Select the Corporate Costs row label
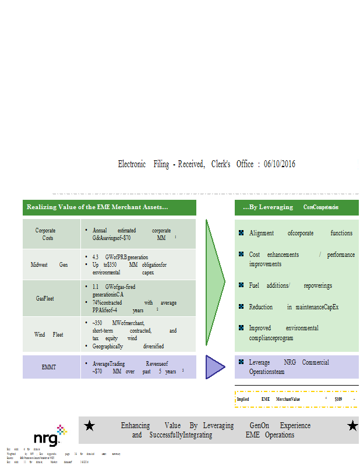tap(45, 234)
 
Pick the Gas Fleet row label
tap(45, 298)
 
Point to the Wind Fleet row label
tap(49, 334)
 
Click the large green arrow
tap(215, 282)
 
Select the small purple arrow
tap(215, 367)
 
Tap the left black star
tap(90, 426)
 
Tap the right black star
tap(352, 426)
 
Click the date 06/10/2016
tap(279, 164)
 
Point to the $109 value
tap(338, 399)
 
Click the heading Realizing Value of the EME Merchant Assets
tap(97, 207)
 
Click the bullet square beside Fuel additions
tap(241, 285)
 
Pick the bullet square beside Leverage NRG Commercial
tap(241, 362)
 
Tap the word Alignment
tap(261, 233)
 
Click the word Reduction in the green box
tap(261, 307)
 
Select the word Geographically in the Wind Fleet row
tap(108, 346)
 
